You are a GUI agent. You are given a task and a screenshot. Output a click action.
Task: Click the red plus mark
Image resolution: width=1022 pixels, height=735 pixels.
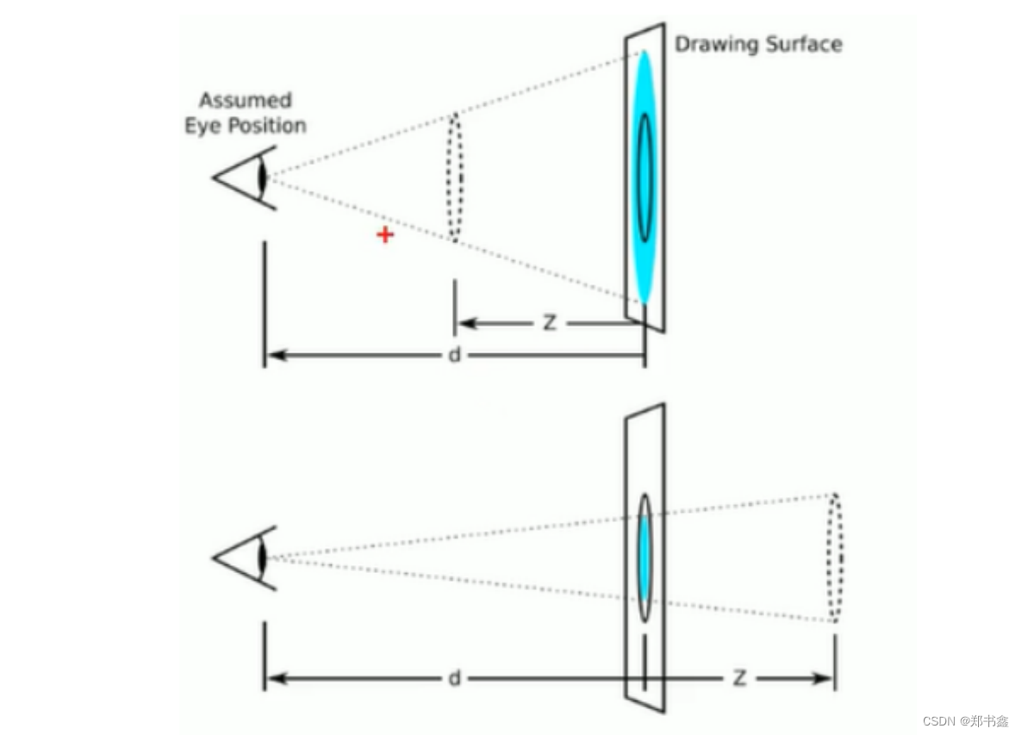(385, 234)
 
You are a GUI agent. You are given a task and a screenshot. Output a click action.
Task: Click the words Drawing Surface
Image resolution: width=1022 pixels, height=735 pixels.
(757, 44)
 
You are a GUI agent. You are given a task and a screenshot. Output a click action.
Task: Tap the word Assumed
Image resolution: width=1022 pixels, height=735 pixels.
(246, 101)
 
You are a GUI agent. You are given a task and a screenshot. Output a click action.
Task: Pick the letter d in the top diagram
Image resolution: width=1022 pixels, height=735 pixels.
(454, 355)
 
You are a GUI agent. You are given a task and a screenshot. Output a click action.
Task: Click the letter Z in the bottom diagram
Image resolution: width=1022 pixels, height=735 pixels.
(738, 678)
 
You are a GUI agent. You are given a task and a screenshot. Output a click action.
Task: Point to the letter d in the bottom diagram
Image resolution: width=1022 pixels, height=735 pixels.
(454, 678)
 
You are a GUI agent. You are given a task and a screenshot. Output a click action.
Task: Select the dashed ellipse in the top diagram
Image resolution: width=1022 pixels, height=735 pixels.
(454, 177)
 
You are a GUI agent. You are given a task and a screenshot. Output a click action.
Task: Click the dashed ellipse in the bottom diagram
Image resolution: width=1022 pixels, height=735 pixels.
(834, 557)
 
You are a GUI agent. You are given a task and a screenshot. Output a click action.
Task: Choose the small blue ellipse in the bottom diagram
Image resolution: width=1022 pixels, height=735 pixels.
(644, 557)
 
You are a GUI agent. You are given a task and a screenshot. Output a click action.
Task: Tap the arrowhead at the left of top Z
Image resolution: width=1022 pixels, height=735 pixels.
(464, 324)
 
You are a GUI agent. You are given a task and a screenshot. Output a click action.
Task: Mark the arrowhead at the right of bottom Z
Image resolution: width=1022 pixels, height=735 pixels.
(826, 679)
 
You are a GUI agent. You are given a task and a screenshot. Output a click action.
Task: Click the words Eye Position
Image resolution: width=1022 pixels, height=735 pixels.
(246, 126)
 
